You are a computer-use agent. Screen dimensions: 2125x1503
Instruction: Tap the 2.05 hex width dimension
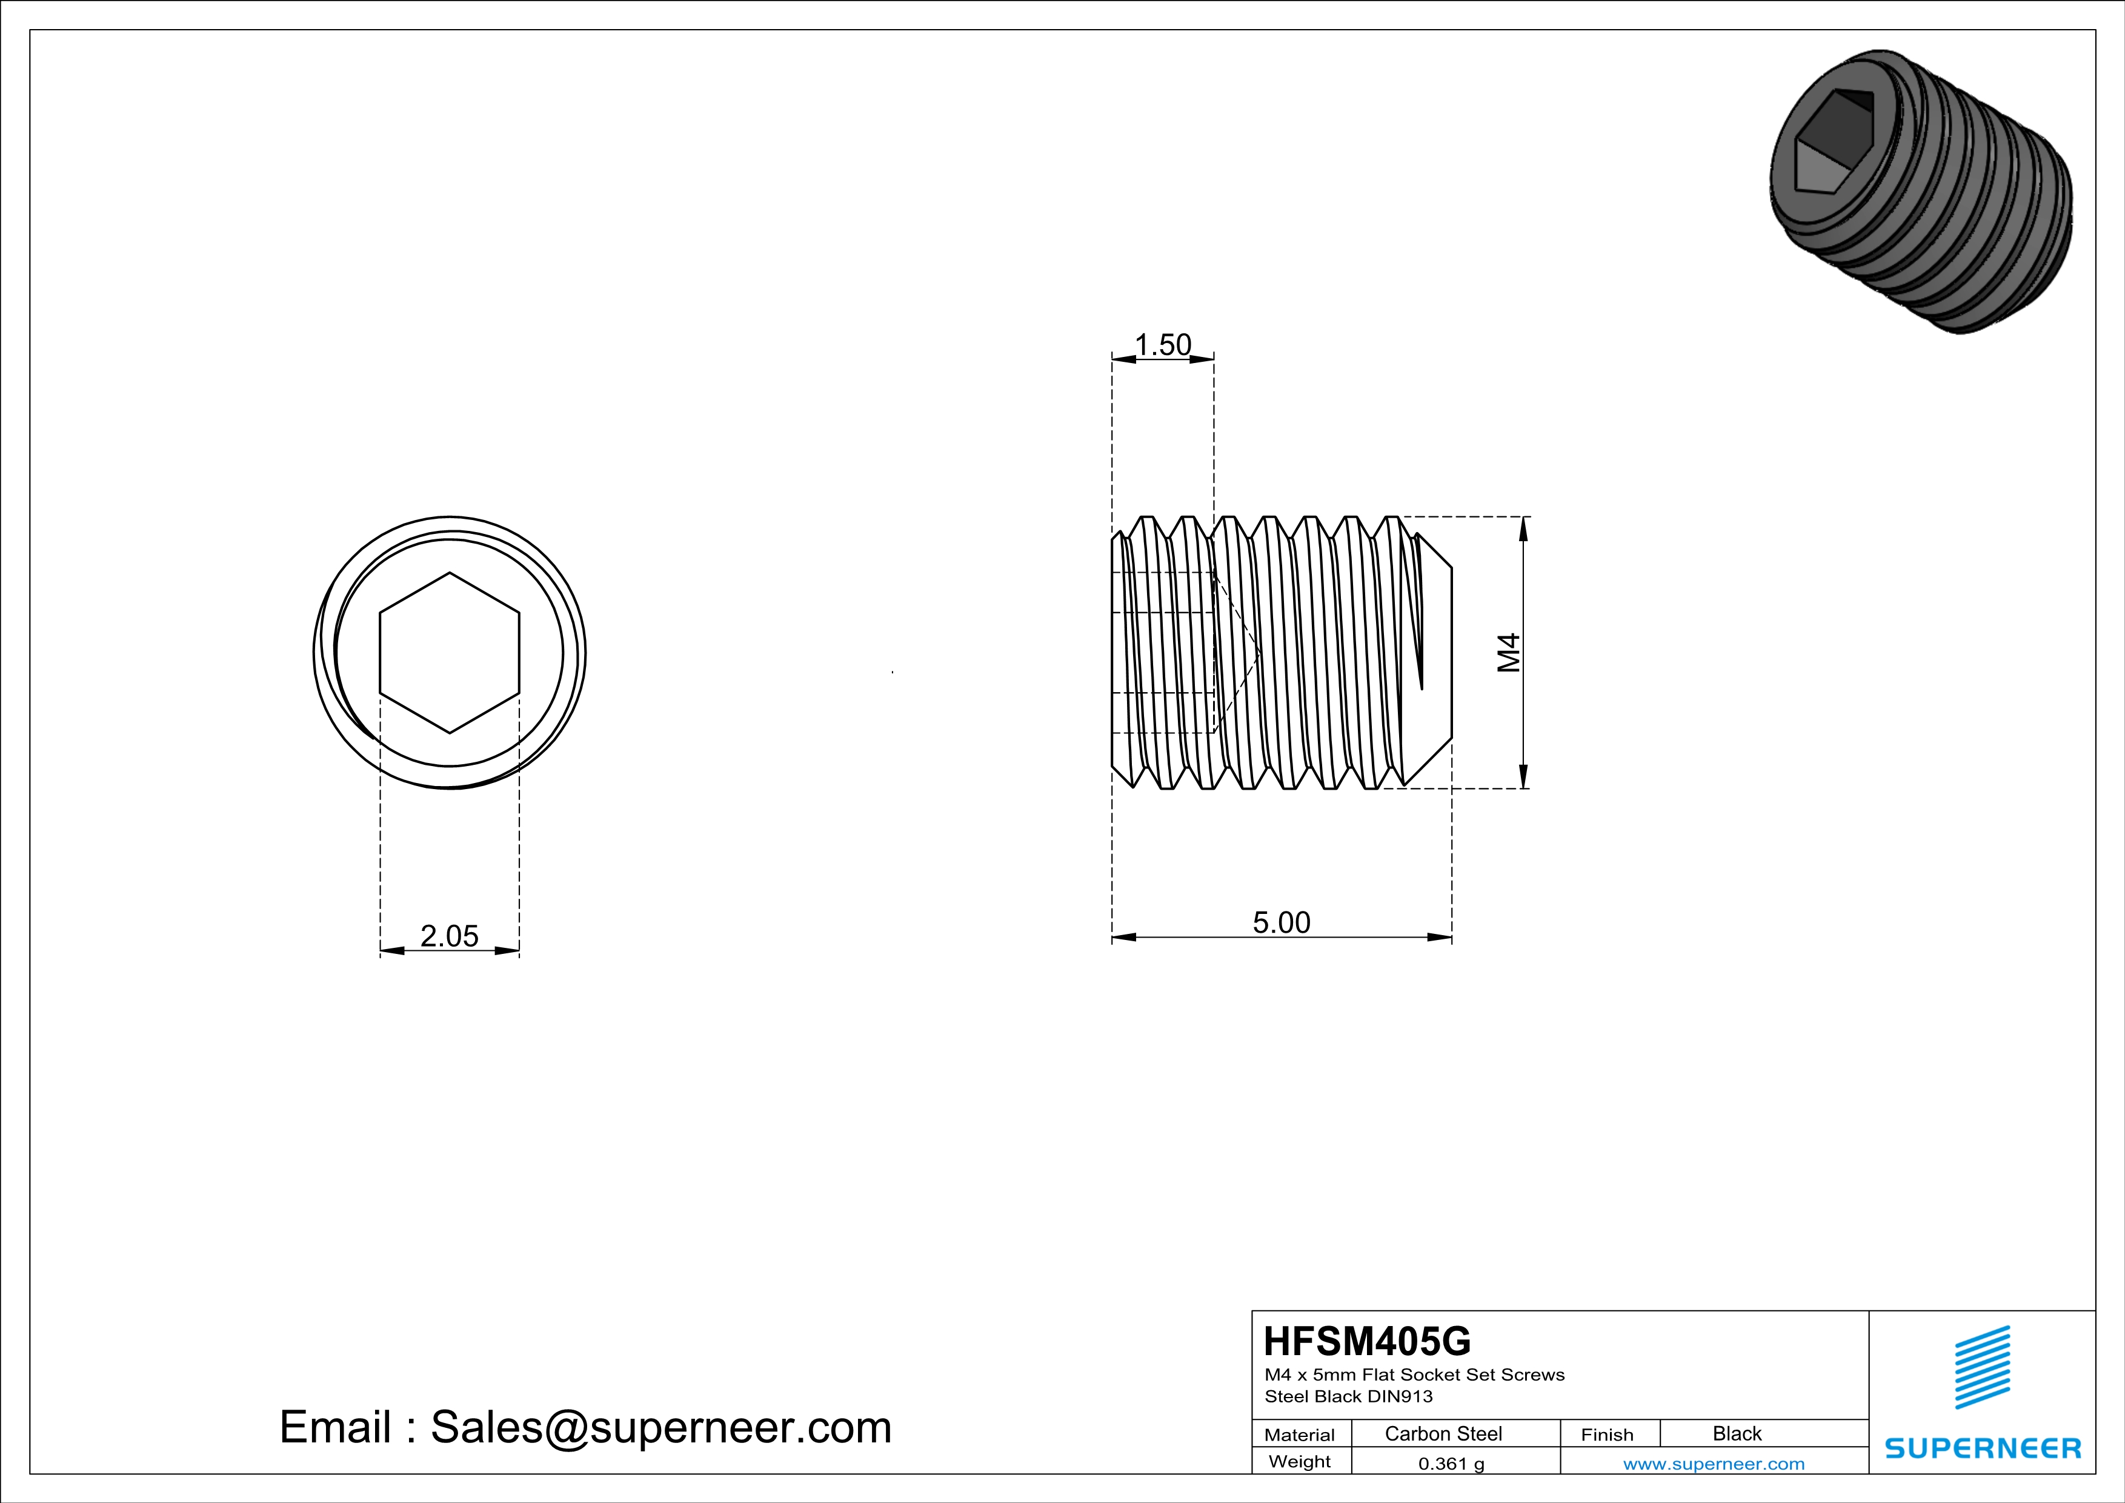449,936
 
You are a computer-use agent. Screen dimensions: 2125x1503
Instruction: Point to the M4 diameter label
1509,653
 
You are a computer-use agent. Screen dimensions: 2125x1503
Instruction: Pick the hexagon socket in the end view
450,653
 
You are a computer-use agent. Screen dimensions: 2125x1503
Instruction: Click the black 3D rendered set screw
1920,191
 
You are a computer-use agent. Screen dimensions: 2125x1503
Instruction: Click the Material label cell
1300,1435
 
